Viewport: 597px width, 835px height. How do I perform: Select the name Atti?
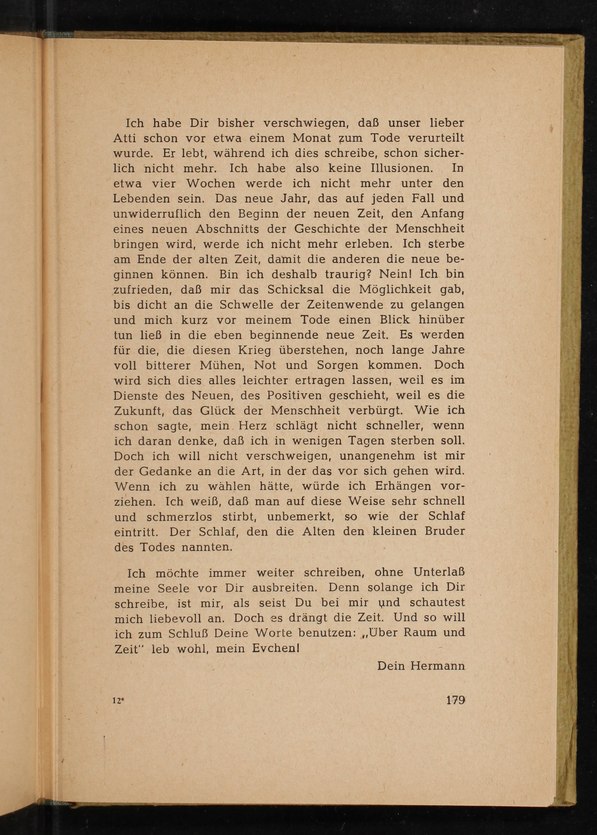(x=125, y=138)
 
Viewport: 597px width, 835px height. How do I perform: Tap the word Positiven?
(x=294, y=395)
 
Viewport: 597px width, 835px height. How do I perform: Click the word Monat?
(x=313, y=138)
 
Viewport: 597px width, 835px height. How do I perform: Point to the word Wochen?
(x=211, y=183)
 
